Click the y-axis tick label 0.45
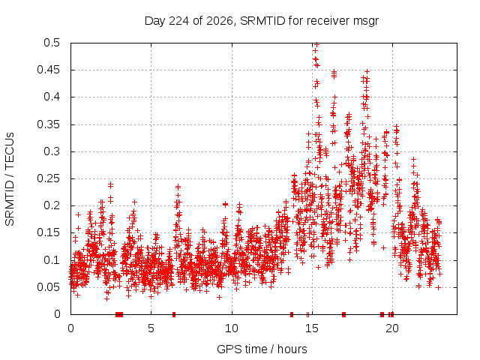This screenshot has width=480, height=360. tap(48, 70)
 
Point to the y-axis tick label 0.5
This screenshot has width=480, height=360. tap(52, 43)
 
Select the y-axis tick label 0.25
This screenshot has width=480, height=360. tap(48, 178)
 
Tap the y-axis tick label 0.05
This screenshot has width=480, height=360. tap(48, 287)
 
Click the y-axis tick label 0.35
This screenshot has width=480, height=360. tap(48, 124)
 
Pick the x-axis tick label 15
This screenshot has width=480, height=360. tap(312, 328)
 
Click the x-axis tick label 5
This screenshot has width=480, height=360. tap(151, 328)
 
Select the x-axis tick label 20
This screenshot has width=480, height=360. tap(392, 328)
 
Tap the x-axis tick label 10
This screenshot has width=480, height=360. tap(232, 328)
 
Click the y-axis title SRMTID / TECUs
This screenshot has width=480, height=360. tap(10, 179)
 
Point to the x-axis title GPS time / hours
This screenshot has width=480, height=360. tap(262, 349)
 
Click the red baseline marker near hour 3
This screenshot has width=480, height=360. tap(119, 314)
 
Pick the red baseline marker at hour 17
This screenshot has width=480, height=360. tap(343, 314)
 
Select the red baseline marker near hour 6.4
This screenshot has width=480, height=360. tap(174, 314)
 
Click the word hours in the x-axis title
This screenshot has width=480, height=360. tap(292, 349)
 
